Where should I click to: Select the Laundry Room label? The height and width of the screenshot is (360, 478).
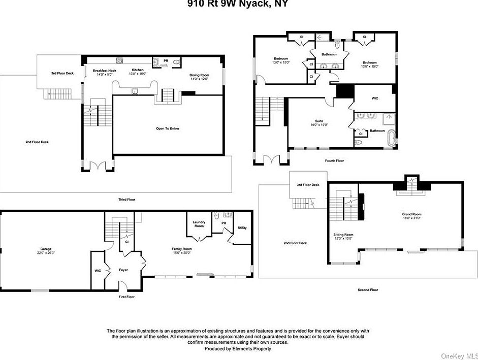tap(199, 224)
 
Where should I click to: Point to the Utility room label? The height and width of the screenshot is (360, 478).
tap(242, 227)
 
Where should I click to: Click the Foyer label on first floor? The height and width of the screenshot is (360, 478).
tap(124, 270)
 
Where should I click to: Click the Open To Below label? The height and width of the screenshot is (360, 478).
tap(168, 128)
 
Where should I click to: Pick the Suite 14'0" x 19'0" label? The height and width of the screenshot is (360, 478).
tap(319, 122)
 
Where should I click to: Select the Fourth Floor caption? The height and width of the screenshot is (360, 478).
tap(334, 160)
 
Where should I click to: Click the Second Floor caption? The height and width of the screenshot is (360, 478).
tap(368, 289)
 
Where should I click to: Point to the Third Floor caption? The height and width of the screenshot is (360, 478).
tap(127, 200)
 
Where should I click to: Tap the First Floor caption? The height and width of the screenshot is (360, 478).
tap(126, 296)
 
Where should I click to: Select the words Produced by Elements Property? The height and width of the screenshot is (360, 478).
tap(238, 349)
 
